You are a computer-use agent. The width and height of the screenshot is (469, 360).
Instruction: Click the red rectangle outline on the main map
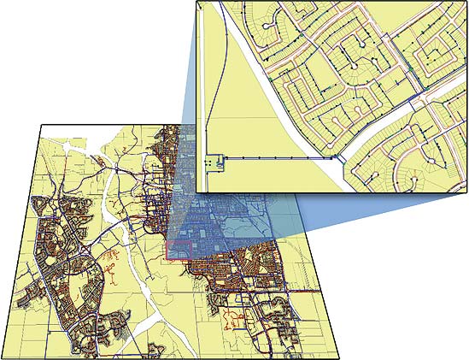[x=177, y=250]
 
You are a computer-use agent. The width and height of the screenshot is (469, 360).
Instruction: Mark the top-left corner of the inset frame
[x=196, y=2]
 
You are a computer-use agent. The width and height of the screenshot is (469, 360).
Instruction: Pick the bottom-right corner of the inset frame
[x=466, y=191]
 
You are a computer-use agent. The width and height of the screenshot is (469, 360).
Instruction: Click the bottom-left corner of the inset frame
[x=196, y=191]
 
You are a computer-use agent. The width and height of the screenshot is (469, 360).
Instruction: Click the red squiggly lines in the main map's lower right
[x=232, y=321]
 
